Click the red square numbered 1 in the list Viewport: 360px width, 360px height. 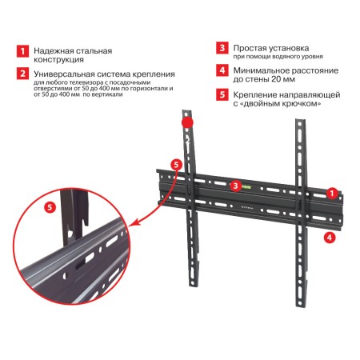[22, 51]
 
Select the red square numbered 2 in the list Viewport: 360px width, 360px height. [22, 74]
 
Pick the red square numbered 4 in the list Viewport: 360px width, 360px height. [222, 70]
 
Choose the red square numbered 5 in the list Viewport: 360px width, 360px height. [222, 94]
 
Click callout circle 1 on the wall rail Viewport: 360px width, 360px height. [332, 193]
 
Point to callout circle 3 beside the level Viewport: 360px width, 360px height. [235, 186]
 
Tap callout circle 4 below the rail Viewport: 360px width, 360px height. [329, 238]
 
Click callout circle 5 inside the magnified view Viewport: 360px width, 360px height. [50, 207]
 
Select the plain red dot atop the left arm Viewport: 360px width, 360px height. [187, 123]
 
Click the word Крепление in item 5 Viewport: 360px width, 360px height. [261, 94]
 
